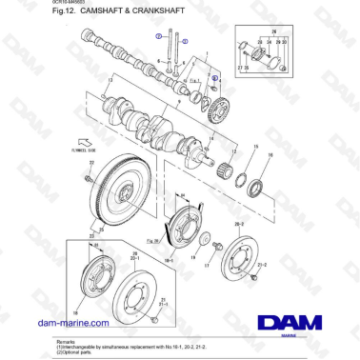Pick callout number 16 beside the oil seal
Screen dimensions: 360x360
click(x=269, y=154)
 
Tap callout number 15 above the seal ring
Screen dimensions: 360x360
click(x=255, y=146)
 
